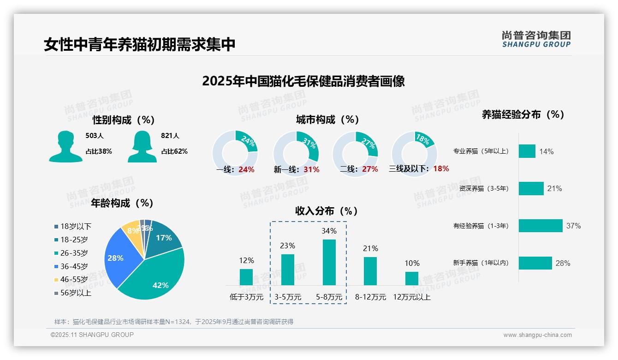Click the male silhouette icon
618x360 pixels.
[x=65, y=146]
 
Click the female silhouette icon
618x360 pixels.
[x=142, y=146]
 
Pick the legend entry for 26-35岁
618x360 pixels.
[x=74, y=253]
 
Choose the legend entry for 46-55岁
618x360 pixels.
[x=74, y=280]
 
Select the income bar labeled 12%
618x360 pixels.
[x=246, y=277]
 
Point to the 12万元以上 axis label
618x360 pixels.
[x=411, y=297]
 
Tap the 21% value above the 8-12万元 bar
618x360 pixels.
[x=370, y=249]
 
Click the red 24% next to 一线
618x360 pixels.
[x=246, y=169]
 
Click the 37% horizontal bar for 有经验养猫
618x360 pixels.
[x=540, y=226]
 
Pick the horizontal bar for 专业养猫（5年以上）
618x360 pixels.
[x=527, y=151]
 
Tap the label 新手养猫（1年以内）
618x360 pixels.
[x=481, y=263]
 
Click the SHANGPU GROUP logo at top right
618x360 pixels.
[x=536, y=39]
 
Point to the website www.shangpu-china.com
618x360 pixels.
[x=537, y=335]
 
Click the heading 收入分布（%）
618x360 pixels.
[x=327, y=211]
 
